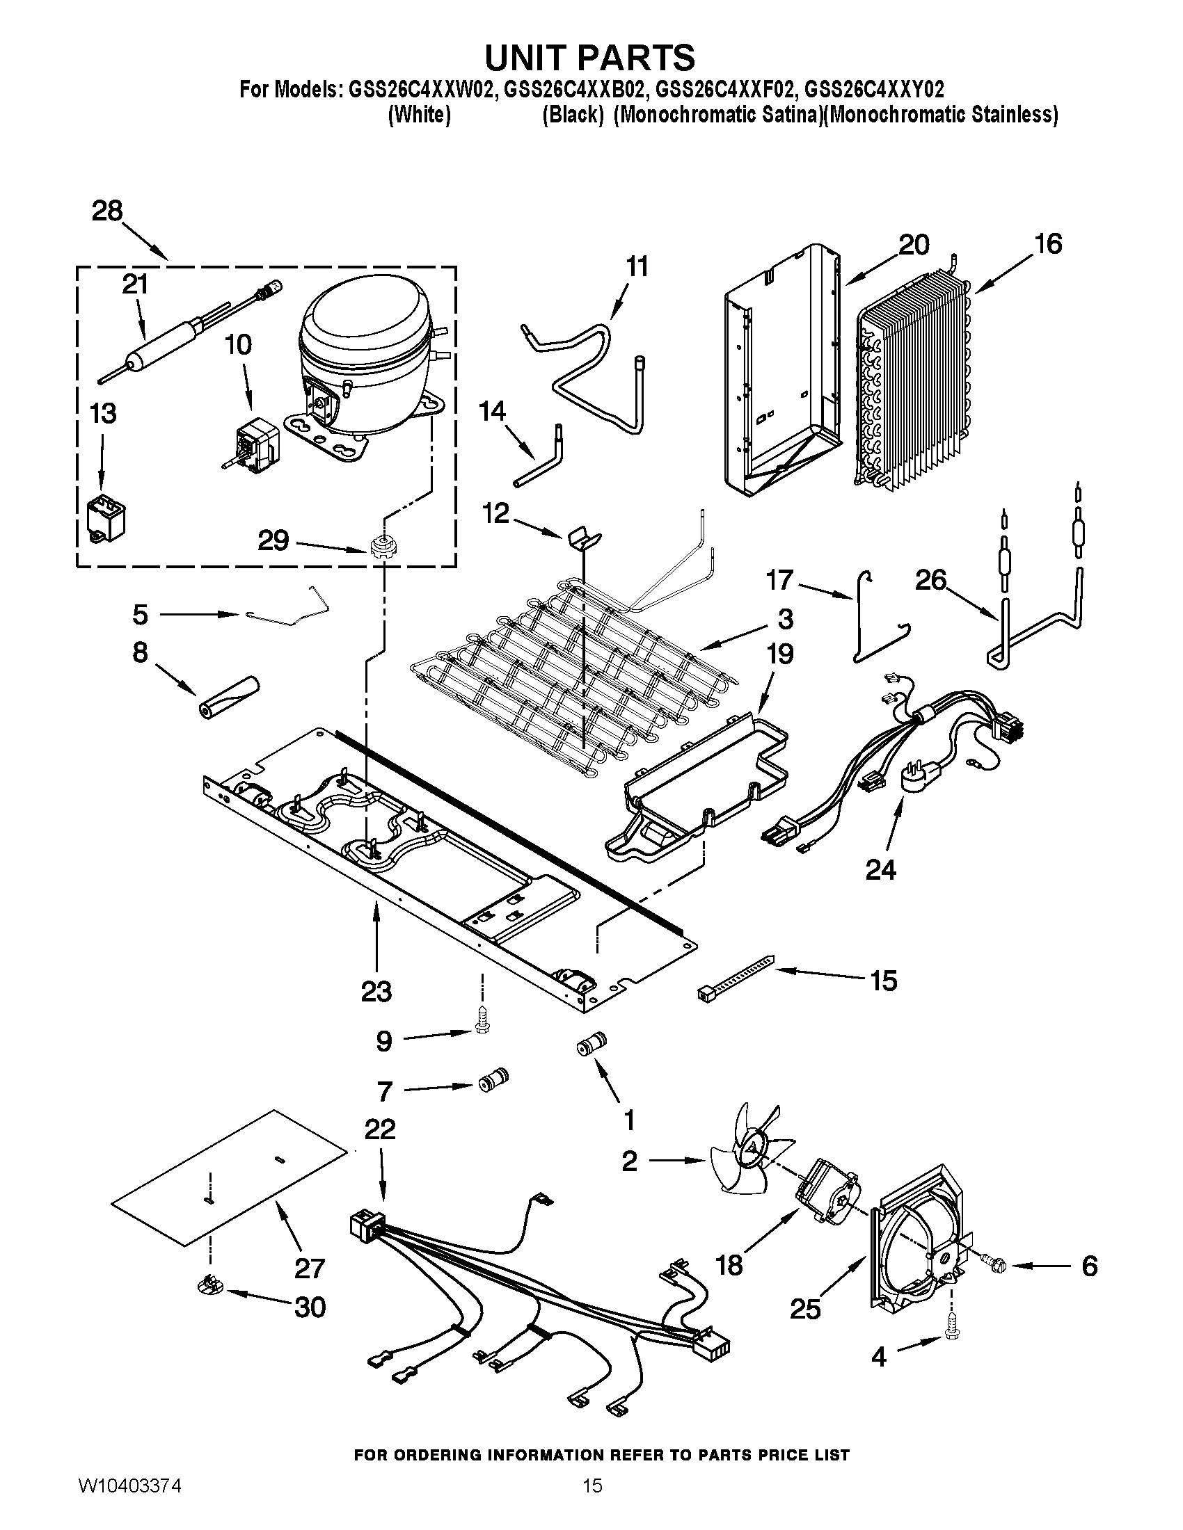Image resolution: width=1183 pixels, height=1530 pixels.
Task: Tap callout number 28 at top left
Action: pos(107,211)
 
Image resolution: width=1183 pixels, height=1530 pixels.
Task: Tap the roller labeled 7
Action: pos(493,1079)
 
